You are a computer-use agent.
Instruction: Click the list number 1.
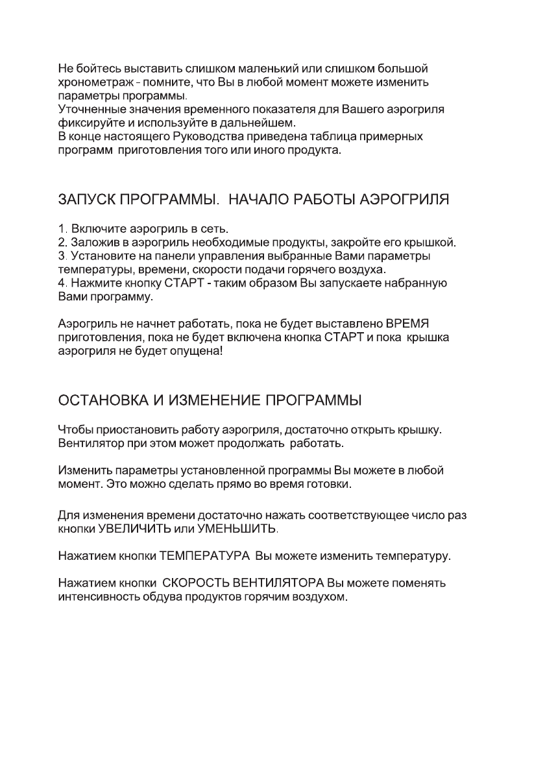pyautogui.click(x=62, y=230)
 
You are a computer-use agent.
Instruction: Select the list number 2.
pyautogui.click(x=62, y=243)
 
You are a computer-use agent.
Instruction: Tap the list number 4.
pyautogui.click(x=62, y=283)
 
